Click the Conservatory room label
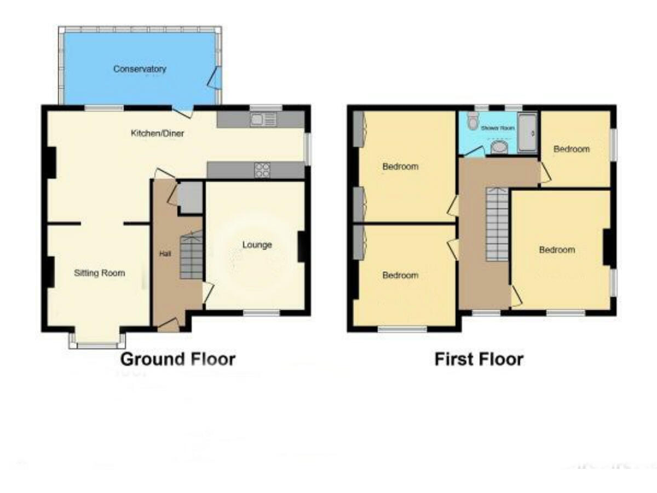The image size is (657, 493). pos(139,68)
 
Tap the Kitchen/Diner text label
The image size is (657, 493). pos(157,134)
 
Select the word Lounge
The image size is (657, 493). pos(257,245)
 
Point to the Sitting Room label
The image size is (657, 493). pos(99,274)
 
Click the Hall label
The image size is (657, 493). pos(165,253)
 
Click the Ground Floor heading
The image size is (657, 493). pos(177,359)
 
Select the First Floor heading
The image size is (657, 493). pos(479,359)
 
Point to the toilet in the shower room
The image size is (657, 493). pos(471,123)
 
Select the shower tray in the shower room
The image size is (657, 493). pos(527,133)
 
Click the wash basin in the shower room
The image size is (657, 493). pos(499,148)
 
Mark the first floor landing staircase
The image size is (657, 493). pos(497,225)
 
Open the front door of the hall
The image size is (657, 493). pos(168,324)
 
